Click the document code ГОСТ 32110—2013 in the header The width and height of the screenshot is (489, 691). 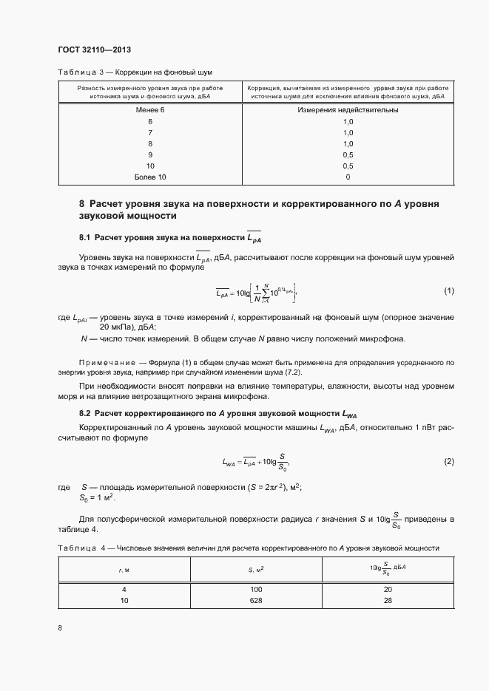[94, 50]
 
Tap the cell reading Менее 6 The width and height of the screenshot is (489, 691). [150, 110]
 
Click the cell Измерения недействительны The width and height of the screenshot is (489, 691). [348, 110]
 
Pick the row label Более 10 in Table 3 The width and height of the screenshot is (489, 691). [150, 177]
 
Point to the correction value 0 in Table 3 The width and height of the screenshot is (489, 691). [348, 177]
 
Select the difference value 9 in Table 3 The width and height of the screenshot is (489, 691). [150, 155]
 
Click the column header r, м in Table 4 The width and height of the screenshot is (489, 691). [124, 570]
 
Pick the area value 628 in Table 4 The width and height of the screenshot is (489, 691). [257, 601]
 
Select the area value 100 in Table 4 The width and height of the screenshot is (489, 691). [257, 590]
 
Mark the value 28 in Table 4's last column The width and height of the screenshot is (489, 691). [388, 601]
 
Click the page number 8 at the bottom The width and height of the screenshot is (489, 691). [60, 628]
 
